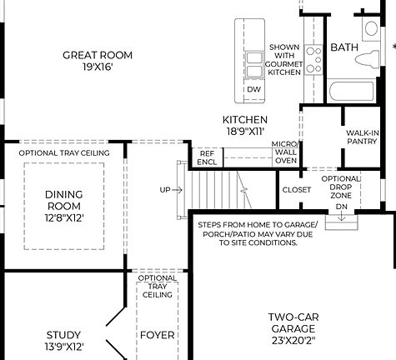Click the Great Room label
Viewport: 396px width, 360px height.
pyautogui.click(x=98, y=56)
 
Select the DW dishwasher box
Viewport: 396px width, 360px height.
pyautogui.click(x=253, y=88)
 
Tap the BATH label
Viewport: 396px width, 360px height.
pyautogui.click(x=343, y=47)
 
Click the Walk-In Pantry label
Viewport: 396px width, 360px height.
pyautogui.click(x=363, y=137)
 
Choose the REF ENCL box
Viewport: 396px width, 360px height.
pyautogui.click(x=206, y=157)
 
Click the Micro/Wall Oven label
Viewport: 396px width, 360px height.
pyautogui.click(x=285, y=152)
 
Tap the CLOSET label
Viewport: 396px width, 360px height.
pyautogui.click(x=296, y=190)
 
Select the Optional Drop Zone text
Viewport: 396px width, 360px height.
pyautogui.click(x=341, y=187)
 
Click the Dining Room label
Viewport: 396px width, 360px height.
pyautogui.click(x=63, y=200)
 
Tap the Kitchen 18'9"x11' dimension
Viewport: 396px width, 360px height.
pyautogui.click(x=244, y=132)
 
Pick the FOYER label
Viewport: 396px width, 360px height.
pyautogui.click(x=157, y=336)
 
